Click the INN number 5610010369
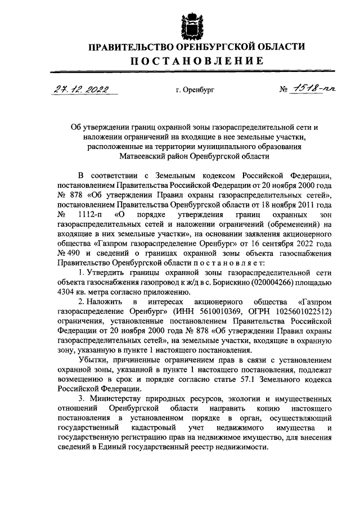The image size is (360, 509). [x=208, y=312]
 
